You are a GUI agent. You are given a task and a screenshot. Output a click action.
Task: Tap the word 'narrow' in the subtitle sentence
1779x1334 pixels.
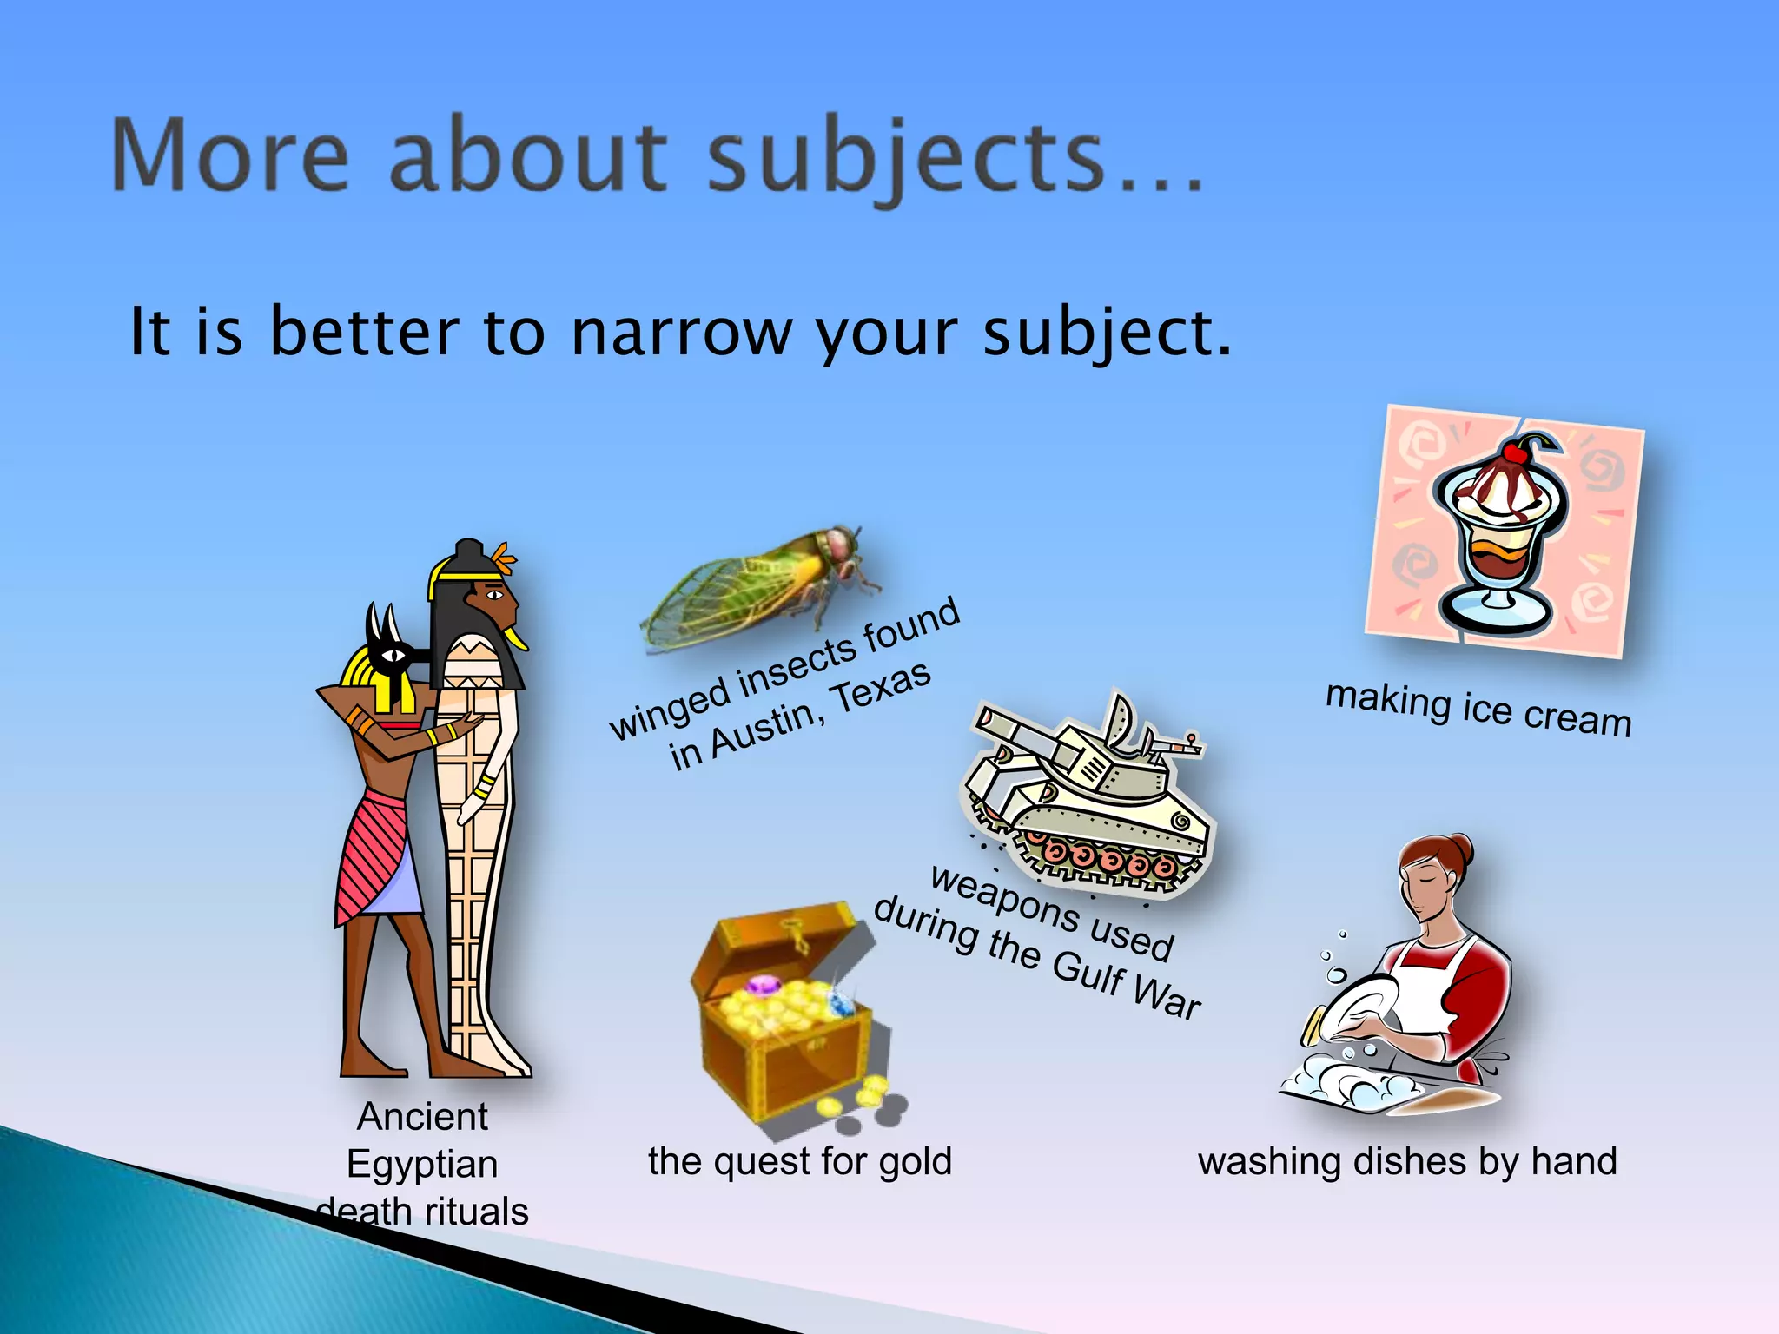click(682, 332)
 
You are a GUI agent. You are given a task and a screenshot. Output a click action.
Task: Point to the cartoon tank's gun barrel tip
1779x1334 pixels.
click(987, 718)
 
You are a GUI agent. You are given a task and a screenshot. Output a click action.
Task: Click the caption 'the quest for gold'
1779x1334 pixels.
click(800, 1162)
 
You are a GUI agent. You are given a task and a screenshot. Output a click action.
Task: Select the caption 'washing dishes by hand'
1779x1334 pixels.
click(1407, 1162)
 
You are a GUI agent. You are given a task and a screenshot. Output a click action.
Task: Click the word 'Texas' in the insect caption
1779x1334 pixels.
click(882, 686)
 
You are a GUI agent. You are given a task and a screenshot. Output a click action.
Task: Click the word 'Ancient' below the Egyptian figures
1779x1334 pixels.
click(422, 1117)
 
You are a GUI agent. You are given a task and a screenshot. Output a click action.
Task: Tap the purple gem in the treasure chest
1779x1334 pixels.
click(764, 987)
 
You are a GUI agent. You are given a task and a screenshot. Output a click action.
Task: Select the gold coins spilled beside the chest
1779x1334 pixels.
click(856, 1099)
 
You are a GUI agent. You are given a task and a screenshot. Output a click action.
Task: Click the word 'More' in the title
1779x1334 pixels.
click(231, 157)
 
